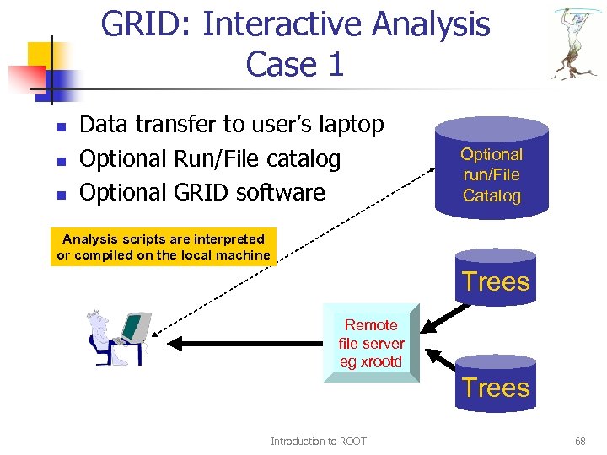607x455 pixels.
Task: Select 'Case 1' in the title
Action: (x=294, y=65)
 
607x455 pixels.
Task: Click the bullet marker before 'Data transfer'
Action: (x=60, y=127)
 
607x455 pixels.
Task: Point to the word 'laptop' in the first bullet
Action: (x=343, y=125)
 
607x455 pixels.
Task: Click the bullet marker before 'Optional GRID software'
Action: (x=60, y=195)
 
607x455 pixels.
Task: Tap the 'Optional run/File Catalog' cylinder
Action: (x=492, y=169)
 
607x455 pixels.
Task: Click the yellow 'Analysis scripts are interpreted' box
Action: (x=164, y=247)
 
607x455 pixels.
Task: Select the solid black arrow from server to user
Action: (x=244, y=343)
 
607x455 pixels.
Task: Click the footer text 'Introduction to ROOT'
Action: (x=318, y=442)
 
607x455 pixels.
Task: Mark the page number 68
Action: (x=580, y=442)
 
